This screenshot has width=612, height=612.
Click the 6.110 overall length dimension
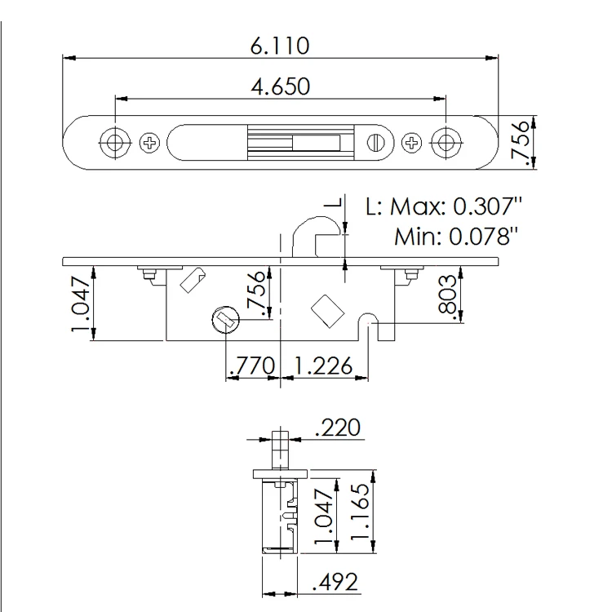(279, 46)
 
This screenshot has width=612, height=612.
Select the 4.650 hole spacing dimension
(279, 86)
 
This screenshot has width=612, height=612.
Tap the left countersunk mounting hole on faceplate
(113, 142)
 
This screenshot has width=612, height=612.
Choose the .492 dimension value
(336, 583)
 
